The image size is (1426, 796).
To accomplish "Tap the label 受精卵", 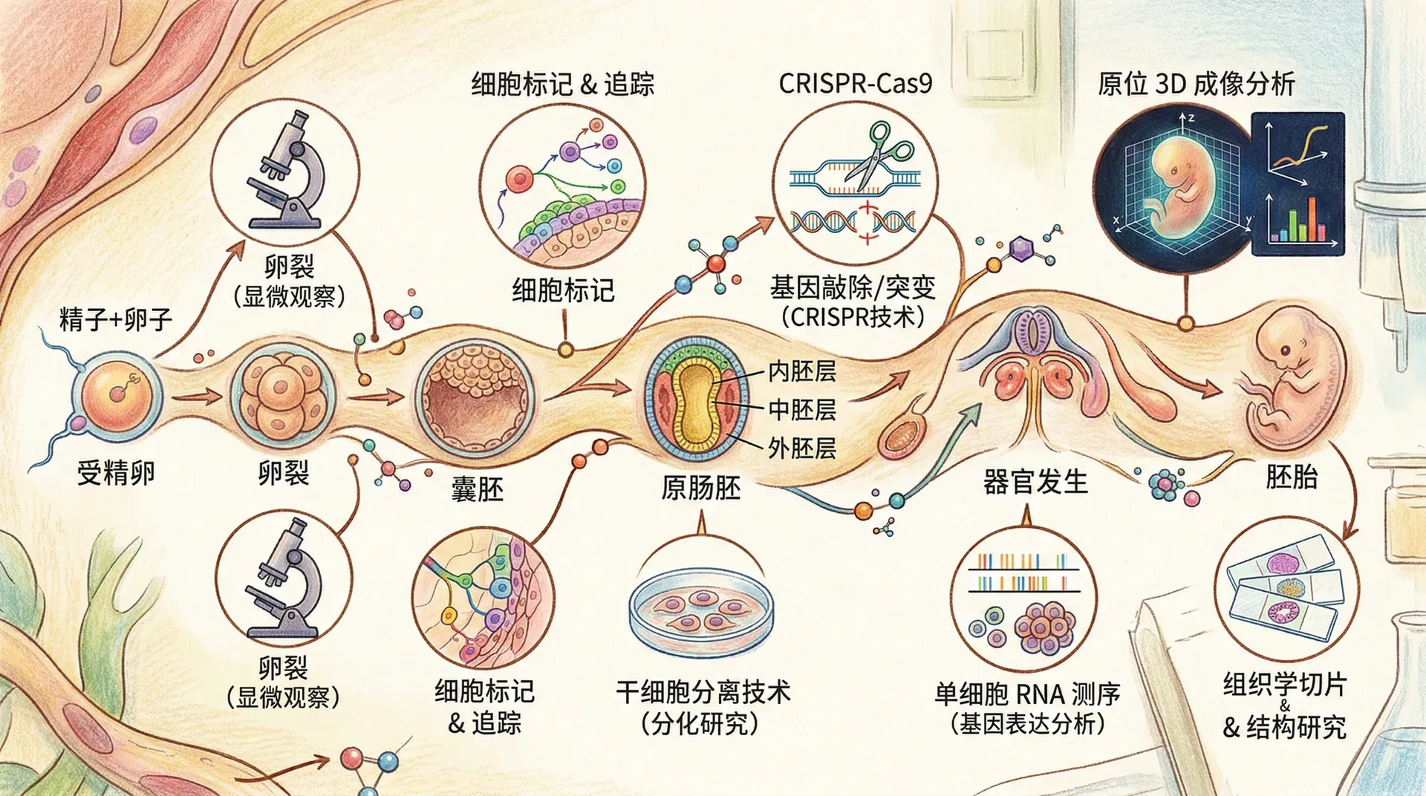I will pos(116,472).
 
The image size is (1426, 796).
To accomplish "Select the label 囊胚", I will pos(477,489).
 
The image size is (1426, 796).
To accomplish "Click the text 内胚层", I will pos(801,371).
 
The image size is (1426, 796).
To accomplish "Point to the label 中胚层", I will pos(801,409).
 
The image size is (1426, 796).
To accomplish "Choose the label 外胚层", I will pos(801,448).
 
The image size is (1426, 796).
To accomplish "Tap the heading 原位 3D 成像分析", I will pos(1196,84).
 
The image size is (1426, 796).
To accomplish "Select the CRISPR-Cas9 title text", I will pos(855,83).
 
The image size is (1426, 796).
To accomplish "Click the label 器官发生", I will pos(1035,482).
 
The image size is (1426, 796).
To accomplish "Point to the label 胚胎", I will pos(1292,476).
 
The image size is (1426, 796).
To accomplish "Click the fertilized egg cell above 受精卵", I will pos(117,394).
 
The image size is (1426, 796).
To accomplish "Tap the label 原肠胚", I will pos(700,488).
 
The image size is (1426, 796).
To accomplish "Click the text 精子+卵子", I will pos(116,319).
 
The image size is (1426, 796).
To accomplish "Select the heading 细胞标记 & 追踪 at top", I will pos(562,84).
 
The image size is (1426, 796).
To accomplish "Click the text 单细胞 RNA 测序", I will pos(1027,694).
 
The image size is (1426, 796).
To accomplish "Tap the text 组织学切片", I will pos(1284,683).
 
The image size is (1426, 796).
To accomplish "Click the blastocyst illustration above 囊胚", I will pos(475,398).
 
